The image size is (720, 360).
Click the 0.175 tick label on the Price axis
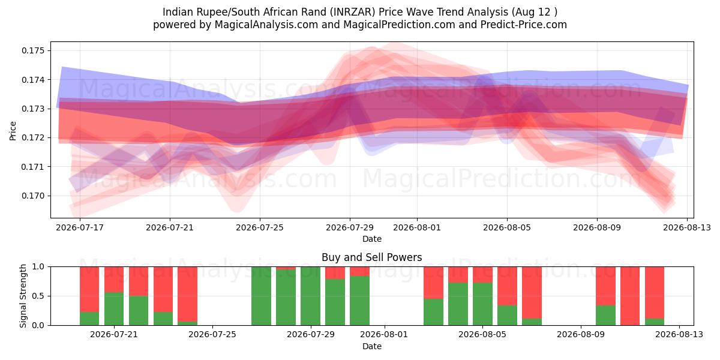(33, 50)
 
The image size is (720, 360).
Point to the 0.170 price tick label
(33, 196)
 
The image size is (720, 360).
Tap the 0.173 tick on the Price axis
(33, 109)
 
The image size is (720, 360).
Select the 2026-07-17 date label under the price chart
(80, 227)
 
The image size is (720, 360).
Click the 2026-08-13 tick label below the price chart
(687, 227)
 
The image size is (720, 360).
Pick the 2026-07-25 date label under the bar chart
(212, 335)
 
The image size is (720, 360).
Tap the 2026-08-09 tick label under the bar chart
(581, 335)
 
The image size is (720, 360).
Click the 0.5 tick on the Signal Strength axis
(38, 296)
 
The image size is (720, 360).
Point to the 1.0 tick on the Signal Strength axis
(38, 266)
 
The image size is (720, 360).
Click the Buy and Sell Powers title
(372, 257)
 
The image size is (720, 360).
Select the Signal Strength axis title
(23, 296)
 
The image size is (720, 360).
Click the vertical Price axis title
(13, 131)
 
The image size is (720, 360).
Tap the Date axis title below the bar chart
(372, 346)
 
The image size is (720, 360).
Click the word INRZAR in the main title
(353, 12)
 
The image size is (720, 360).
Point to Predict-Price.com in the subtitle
(524, 25)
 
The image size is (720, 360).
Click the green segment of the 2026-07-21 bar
(114, 308)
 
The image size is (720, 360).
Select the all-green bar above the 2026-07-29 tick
(311, 296)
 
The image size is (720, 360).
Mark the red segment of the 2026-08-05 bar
(483, 275)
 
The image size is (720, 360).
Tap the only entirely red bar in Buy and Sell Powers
(630, 296)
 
